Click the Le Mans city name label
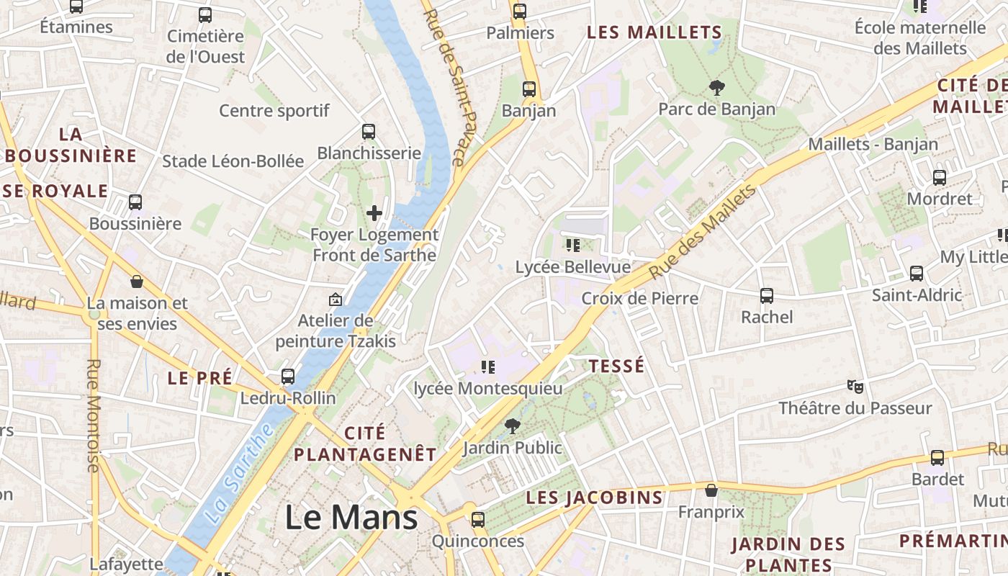351,518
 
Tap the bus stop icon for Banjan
529,89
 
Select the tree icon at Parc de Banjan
716,88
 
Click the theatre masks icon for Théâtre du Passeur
855,387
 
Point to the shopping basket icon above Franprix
711,490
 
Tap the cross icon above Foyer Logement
374,212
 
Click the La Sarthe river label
239,473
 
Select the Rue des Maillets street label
703,232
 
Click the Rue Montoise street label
93,415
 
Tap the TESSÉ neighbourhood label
616,366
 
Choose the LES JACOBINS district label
594,498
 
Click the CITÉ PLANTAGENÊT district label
365,444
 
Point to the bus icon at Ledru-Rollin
288,376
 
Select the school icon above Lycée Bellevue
573,246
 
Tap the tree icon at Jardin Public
512,426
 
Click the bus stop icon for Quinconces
477,519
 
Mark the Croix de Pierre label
639,298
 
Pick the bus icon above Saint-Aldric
917,274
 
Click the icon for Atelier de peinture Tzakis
335,299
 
